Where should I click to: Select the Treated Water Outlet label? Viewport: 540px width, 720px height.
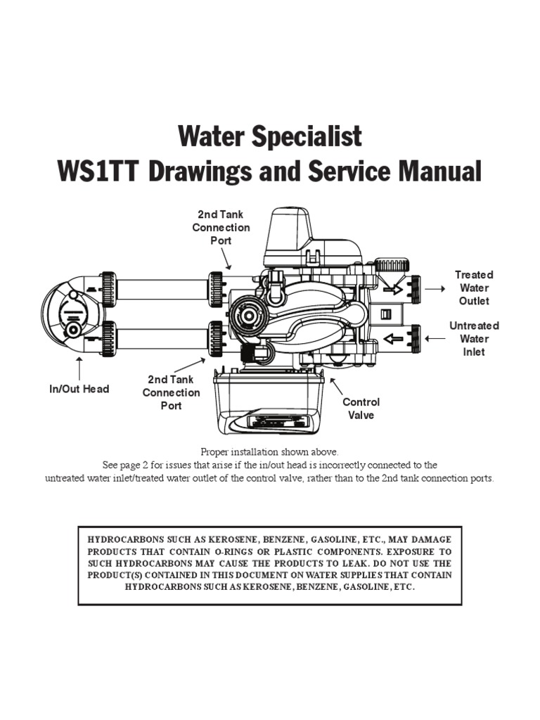pos(474,288)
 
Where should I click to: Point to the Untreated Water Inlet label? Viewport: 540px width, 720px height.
pos(474,338)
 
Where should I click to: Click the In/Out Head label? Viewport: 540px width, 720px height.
pos(79,389)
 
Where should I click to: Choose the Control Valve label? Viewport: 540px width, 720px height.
pos(361,409)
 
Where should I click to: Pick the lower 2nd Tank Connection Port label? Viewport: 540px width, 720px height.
pos(171,392)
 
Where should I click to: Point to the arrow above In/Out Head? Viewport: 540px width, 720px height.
pos(79,368)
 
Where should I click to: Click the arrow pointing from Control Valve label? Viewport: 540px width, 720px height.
pos(336,386)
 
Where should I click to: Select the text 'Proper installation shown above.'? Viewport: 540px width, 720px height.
pos(269,451)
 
